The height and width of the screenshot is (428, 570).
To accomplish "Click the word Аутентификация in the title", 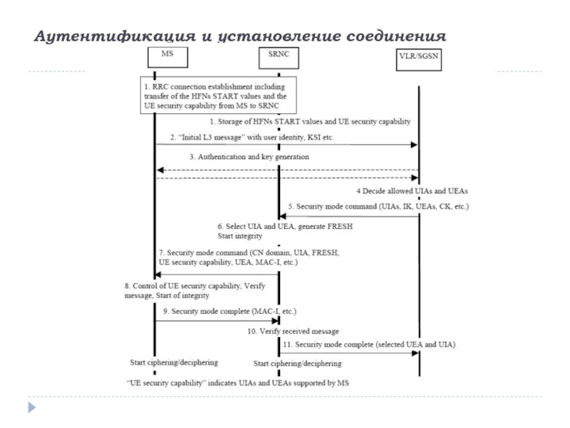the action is (115, 36).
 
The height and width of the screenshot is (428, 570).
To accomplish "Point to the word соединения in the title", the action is (396, 36).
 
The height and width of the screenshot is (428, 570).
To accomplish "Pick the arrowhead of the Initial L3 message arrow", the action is (414, 145).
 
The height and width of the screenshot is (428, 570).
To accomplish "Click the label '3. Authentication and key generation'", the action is (249, 157).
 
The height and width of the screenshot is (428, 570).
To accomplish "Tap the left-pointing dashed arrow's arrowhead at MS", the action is (160, 170).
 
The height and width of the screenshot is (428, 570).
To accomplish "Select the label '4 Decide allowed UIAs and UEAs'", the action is (412, 191).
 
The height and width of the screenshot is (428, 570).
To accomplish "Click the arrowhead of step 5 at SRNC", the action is (282, 216).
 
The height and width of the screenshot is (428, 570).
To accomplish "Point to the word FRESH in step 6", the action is (340, 226).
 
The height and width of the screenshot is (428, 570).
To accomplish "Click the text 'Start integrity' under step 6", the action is (240, 236).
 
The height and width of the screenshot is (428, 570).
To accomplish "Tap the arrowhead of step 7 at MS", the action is (157, 275).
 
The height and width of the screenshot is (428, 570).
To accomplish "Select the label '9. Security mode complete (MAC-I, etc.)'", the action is (229, 312).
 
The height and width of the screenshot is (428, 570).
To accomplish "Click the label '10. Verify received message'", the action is (293, 332).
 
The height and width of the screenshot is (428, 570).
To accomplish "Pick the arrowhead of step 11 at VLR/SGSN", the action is (415, 353).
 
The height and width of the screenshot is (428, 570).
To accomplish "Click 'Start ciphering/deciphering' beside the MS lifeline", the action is (174, 362).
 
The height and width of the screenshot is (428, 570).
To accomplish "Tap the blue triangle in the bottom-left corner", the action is (32, 407).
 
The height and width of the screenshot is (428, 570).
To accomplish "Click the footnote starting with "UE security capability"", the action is (238, 383).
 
